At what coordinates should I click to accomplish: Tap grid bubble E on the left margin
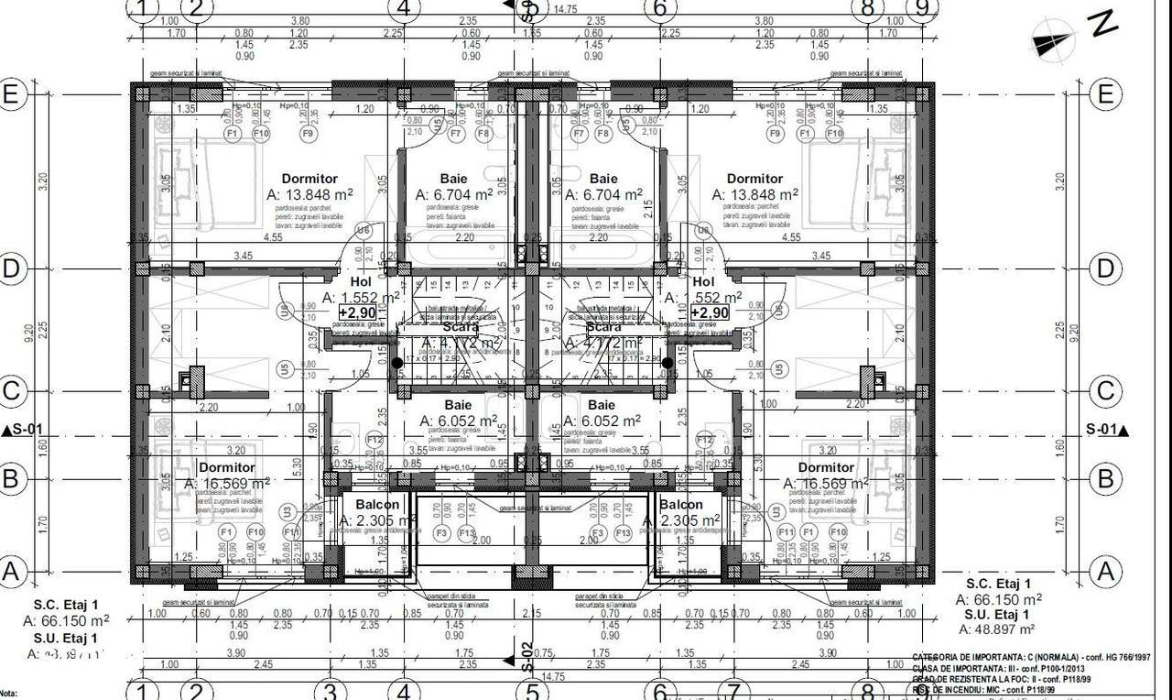click(11, 94)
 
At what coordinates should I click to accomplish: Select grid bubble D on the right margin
click(1106, 268)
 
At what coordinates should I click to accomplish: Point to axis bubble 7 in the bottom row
click(732, 690)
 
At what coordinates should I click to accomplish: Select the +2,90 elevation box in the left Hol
click(356, 312)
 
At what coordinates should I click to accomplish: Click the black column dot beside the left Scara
click(396, 363)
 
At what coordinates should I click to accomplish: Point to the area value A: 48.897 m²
click(996, 629)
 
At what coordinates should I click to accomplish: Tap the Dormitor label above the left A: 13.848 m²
click(309, 179)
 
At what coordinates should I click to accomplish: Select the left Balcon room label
click(375, 505)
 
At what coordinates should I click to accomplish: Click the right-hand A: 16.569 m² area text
click(826, 483)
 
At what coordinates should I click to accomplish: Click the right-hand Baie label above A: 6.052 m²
click(602, 405)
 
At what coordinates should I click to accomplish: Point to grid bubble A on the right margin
click(1106, 573)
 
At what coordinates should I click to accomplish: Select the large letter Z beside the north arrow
click(1104, 25)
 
